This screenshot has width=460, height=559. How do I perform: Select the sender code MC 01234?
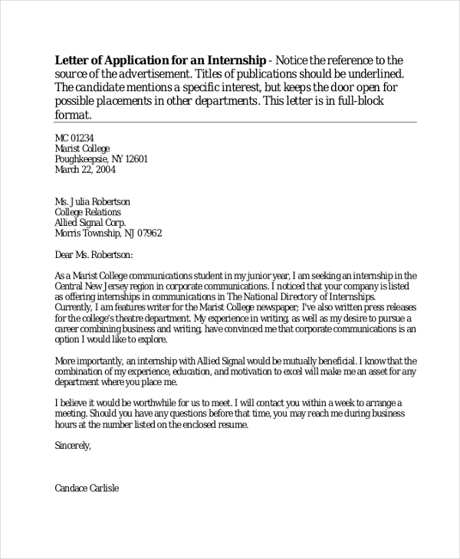[74, 138]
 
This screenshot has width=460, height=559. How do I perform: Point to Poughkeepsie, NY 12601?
[101, 159]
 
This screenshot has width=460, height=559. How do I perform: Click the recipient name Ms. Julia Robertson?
[93, 201]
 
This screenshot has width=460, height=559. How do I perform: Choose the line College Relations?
[87, 212]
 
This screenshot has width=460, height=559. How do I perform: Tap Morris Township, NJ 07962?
[108, 234]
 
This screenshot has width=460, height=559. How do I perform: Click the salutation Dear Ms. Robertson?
[94, 255]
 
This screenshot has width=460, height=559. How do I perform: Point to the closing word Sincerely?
[73, 444]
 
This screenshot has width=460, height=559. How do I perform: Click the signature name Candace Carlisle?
[87, 487]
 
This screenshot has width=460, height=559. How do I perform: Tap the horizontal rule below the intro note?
[236, 122]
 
